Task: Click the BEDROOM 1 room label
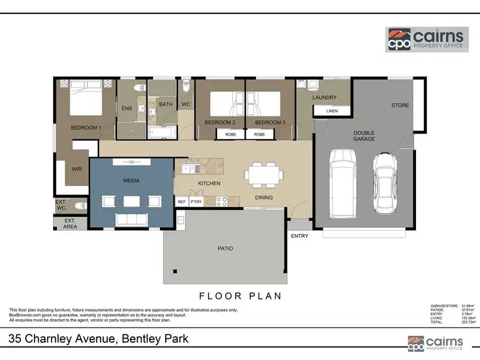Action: (86, 128)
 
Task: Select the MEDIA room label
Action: (131, 181)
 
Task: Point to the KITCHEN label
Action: (209, 184)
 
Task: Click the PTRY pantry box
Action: (196, 202)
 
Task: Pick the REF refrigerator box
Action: (182, 202)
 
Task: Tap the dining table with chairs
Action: (265, 173)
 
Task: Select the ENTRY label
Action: (300, 236)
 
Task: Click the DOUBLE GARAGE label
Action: (364, 136)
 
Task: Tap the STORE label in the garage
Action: (400, 106)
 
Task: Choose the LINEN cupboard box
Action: (332, 111)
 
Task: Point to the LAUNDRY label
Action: (324, 98)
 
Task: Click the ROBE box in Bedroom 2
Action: (230, 135)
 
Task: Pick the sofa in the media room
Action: (132, 220)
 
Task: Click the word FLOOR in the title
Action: (218, 296)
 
